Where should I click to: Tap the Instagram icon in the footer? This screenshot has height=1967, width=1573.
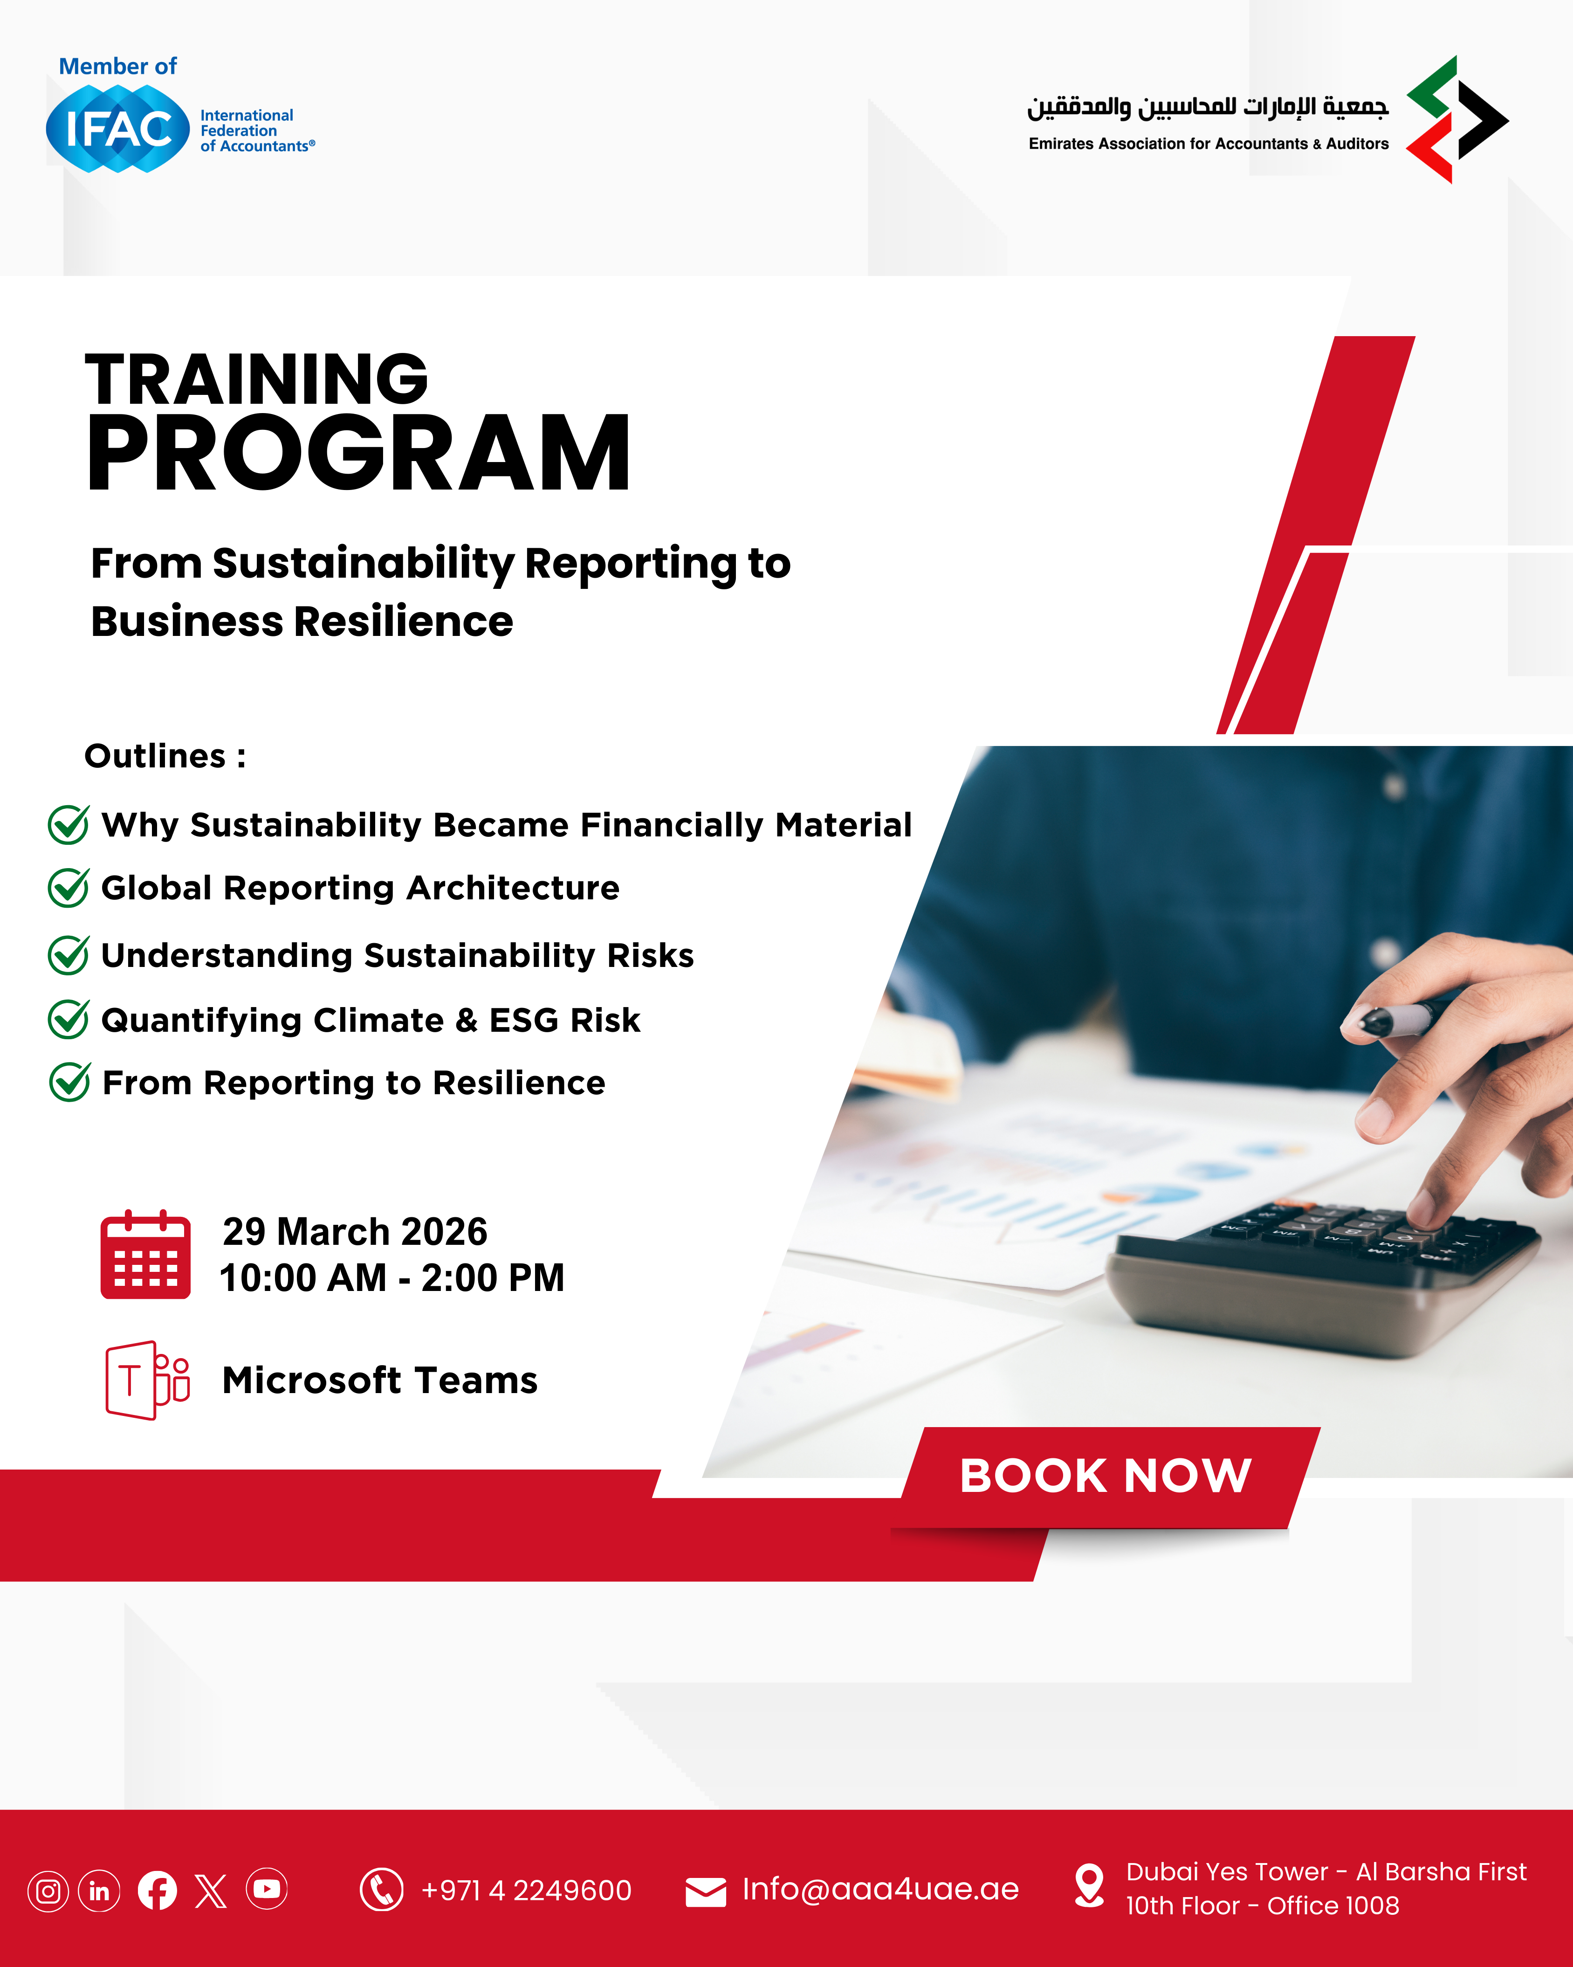48,1891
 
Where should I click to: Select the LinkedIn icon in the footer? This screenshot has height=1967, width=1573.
99,1891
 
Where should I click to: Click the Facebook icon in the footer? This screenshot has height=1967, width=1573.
157,1891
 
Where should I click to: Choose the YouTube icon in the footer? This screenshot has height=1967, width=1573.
266,1890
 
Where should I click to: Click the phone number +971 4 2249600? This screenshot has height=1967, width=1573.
526,1891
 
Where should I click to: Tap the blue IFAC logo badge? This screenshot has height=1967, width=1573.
117,129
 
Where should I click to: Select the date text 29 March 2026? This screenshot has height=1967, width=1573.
355,1232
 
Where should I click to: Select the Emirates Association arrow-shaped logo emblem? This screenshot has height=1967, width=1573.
1457,119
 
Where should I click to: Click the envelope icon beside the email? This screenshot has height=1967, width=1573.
706,1892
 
